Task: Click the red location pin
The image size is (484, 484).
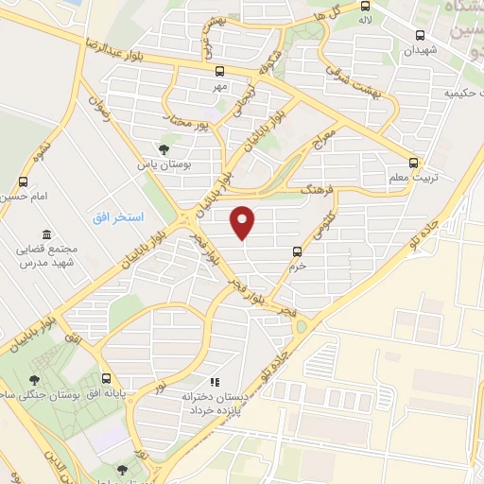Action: point(244,221)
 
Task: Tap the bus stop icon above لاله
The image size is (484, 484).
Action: point(365,6)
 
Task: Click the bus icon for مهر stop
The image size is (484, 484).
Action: point(219,71)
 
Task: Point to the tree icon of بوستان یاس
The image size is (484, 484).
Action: point(164,148)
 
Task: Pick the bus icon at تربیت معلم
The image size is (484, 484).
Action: point(413,161)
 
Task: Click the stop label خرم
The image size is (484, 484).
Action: point(298,266)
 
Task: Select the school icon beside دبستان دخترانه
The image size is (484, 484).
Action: point(215,382)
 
